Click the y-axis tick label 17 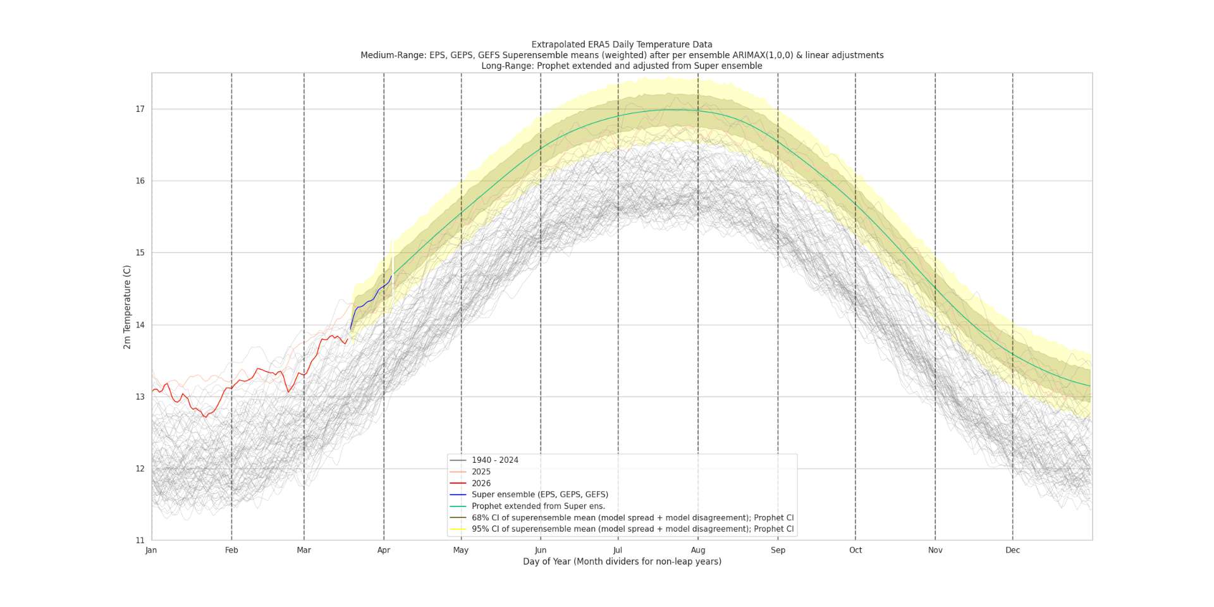pos(140,109)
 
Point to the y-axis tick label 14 pos(140,325)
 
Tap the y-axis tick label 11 pos(140,541)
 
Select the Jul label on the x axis pos(618,550)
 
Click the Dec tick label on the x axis pos(1012,550)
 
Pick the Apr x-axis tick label pos(384,550)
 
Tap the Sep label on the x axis pos(778,550)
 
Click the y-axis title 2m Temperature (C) pos(127,307)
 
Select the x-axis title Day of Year pos(622,561)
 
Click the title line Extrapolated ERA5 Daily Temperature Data pos(622,44)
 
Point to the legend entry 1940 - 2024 pos(494,460)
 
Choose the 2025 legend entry pos(481,472)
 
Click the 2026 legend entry pos(481,483)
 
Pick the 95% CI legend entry pos(632,529)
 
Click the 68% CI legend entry pos(632,518)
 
